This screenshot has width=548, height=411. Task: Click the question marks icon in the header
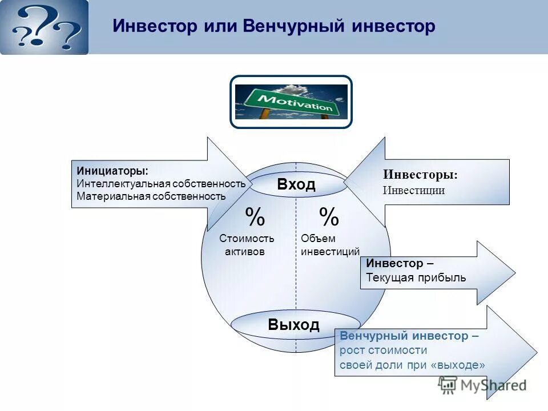(45, 27)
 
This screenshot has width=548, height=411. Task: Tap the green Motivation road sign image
(291, 102)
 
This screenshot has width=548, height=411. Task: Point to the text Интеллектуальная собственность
(161, 184)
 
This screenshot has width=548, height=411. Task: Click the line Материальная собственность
(151, 196)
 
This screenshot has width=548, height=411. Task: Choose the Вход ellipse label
(296, 184)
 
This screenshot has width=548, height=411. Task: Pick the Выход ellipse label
(293, 325)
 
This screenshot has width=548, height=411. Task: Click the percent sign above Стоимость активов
(255, 217)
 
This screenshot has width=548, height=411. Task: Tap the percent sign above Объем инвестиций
(329, 217)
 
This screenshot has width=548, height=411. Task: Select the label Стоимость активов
(247, 245)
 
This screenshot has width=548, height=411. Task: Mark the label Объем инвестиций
(330, 245)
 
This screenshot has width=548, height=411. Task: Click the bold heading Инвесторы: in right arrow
(420, 175)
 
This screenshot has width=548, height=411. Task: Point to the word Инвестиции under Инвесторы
(414, 191)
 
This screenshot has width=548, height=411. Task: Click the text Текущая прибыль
(416, 278)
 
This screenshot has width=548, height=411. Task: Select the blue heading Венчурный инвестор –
(409, 336)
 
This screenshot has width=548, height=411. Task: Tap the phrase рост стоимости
(383, 350)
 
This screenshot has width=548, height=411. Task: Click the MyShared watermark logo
(482, 385)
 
